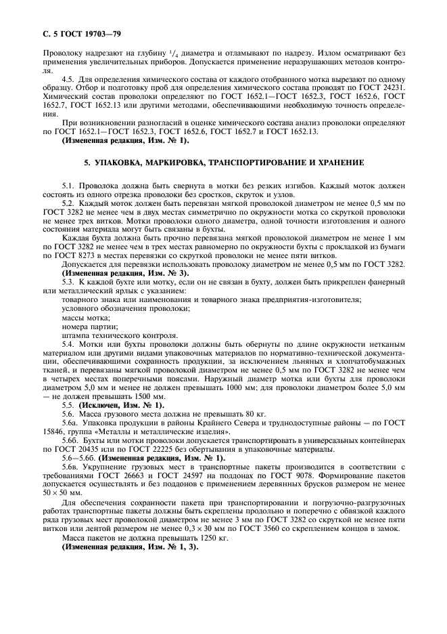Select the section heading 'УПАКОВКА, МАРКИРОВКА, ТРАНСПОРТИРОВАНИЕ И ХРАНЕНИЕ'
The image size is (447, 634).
coord(223,164)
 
